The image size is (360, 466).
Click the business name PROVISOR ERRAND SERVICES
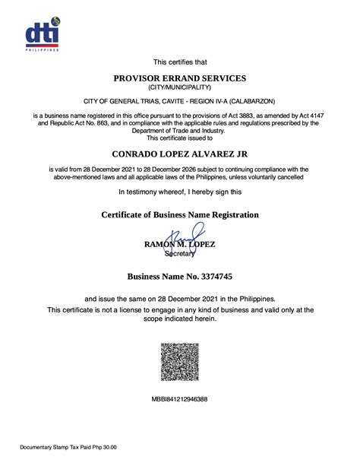pyautogui.click(x=179, y=78)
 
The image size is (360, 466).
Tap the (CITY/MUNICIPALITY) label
pyautogui.click(x=179, y=88)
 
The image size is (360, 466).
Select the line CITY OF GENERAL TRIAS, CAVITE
pyautogui.click(x=179, y=101)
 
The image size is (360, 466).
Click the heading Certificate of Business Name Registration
pyautogui.click(x=179, y=215)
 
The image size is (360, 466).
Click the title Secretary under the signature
pyautogui.click(x=180, y=254)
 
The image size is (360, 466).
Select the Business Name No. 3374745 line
pyautogui.click(x=179, y=277)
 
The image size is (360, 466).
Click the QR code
pyautogui.click(x=180, y=362)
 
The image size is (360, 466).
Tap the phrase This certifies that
pyautogui.click(x=179, y=62)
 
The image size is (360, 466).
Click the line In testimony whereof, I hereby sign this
pyautogui.click(x=179, y=192)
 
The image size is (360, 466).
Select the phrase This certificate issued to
pyautogui.click(x=179, y=138)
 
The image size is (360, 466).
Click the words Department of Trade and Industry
pyautogui.click(x=179, y=130)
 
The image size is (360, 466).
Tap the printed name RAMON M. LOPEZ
pyautogui.click(x=180, y=244)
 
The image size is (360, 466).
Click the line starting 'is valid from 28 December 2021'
pyautogui.click(x=179, y=169)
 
